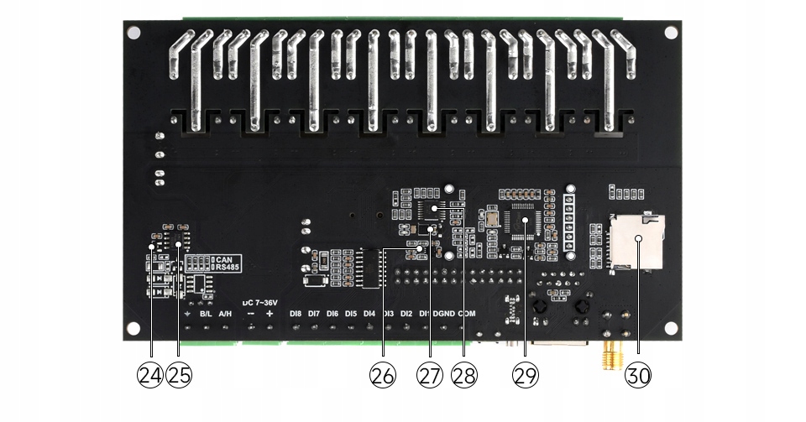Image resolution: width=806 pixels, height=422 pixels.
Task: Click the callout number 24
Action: coord(149,375)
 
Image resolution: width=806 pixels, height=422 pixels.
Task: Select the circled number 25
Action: coord(178,375)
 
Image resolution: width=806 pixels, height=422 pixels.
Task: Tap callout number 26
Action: coord(383,375)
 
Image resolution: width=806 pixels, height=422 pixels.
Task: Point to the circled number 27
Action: coord(430,375)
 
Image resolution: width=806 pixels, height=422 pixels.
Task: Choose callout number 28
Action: coord(464,375)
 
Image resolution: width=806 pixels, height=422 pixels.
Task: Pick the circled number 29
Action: coord(526,375)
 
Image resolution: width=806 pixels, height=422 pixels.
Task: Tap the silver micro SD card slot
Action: coord(637,241)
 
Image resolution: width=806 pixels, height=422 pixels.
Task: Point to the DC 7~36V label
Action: coord(259,301)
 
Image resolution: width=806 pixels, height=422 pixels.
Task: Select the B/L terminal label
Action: coord(206,314)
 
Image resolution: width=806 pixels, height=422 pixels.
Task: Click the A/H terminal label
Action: coord(225,314)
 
